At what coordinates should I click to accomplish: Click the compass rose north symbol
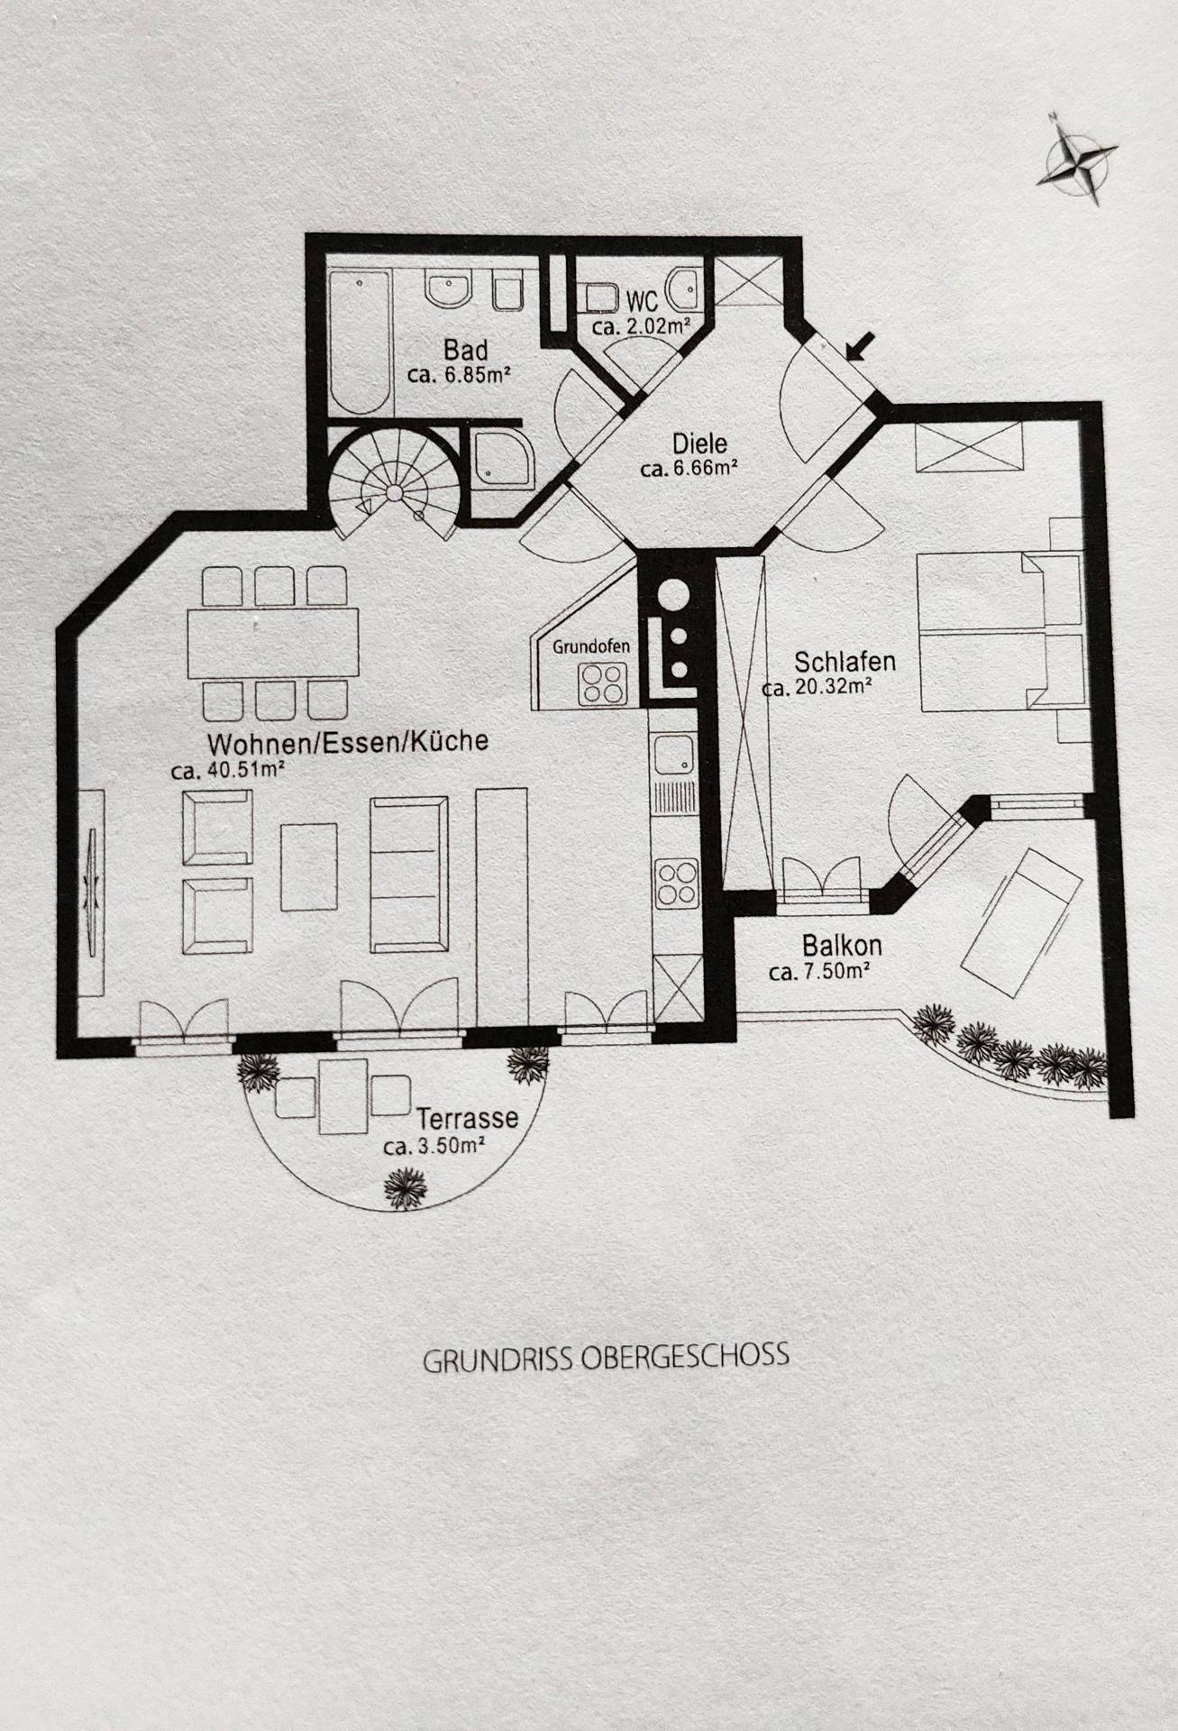click(1077, 160)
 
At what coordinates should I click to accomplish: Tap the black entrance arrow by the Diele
click(861, 345)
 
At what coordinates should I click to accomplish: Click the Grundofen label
click(590, 646)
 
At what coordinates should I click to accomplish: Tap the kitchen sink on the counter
click(673, 755)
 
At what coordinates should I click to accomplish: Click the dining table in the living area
click(272, 644)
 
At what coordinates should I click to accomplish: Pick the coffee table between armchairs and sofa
click(309, 866)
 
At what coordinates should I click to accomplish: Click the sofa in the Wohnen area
click(409, 874)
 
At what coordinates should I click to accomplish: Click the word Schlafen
click(845, 661)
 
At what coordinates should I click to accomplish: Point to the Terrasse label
click(468, 1118)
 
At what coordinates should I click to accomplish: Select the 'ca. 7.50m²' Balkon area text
click(819, 972)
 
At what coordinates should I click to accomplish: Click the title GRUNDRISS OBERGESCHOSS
click(606, 1357)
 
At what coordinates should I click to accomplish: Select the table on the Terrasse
click(343, 1096)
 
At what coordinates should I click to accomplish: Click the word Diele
click(699, 444)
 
